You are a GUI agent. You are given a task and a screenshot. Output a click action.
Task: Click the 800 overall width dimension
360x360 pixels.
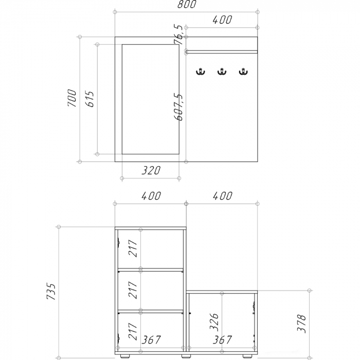187,4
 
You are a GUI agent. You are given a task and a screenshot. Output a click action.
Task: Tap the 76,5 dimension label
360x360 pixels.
178,34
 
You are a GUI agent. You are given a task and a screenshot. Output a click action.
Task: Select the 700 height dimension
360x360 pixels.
72,98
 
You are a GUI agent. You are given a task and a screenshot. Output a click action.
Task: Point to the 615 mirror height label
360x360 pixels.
89,99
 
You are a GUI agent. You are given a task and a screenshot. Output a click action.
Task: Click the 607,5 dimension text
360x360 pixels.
178,107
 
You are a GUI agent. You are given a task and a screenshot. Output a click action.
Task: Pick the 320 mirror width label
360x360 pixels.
151,170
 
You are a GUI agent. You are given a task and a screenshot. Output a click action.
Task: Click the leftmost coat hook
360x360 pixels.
201,71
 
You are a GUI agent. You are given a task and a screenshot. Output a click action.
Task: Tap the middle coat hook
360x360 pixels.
222,71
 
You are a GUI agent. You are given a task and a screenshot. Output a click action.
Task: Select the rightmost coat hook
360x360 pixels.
243,71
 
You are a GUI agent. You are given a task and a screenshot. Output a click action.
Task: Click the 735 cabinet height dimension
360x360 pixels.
51,292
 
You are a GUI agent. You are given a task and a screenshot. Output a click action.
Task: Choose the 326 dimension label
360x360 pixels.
214,321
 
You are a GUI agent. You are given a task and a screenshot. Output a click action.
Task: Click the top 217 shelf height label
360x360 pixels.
133,248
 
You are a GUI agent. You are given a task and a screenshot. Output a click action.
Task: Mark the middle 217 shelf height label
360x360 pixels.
133,290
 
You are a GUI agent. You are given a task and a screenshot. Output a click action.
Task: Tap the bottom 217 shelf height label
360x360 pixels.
133,331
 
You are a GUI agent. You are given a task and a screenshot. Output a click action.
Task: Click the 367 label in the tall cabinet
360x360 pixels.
151,340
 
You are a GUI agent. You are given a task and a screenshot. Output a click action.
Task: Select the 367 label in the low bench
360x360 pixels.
222,340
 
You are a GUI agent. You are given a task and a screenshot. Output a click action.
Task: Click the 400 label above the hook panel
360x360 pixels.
222,20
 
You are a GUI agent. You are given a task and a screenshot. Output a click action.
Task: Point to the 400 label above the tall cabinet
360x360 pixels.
151,196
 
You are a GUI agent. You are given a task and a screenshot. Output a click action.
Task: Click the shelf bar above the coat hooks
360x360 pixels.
222,51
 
